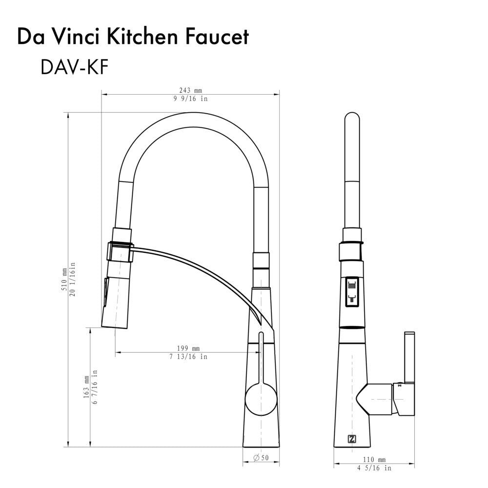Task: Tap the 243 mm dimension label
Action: pos(190,91)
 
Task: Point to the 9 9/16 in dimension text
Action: pos(190,99)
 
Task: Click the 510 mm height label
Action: pos(63,280)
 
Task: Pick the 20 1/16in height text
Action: pos(72,280)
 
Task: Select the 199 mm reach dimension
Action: pos(188,348)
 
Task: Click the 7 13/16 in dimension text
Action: pos(188,357)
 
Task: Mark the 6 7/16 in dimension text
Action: pos(95,386)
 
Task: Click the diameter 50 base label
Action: pos(262,458)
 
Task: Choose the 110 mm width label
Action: pos(375,460)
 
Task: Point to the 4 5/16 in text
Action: pos(375,468)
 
